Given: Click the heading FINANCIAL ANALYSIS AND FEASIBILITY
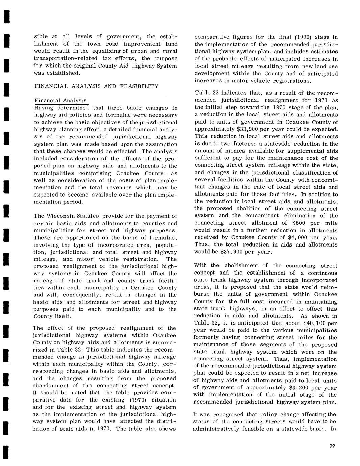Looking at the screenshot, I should pyautogui.click(x=96, y=86).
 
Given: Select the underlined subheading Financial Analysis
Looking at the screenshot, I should pyautogui.click(x=61, y=101).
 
